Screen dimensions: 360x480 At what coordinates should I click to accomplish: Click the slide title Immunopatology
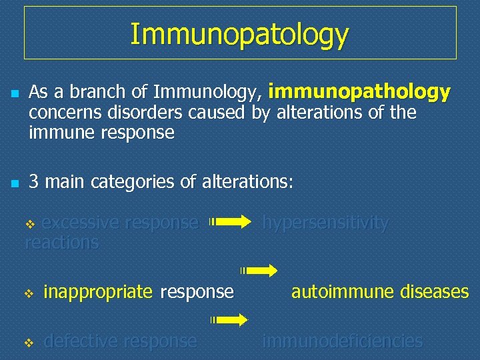click(239, 34)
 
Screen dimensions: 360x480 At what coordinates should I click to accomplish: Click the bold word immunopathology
click(360, 91)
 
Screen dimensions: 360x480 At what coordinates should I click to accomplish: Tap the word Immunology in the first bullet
click(207, 92)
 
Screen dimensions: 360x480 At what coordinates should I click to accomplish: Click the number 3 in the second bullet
click(33, 181)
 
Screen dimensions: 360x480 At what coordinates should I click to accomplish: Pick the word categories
click(131, 181)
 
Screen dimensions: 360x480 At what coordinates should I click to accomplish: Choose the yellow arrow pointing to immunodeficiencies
click(230, 320)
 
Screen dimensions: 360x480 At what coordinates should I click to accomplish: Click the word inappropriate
click(98, 292)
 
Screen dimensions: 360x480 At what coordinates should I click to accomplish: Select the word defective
click(80, 341)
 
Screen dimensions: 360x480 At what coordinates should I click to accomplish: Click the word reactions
click(61, 242)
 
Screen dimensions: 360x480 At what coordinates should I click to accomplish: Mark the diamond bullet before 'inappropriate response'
click(29, 293)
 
